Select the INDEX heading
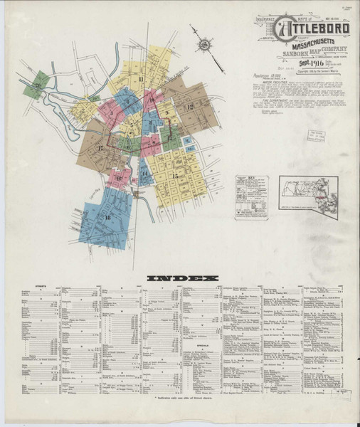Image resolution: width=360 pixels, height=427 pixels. (x=179, y=278)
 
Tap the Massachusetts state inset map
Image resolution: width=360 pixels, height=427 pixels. (x=308, y=196)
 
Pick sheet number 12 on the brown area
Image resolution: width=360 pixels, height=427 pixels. (x=189, y=107)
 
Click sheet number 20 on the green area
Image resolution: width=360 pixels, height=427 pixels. (x=34, y=85)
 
